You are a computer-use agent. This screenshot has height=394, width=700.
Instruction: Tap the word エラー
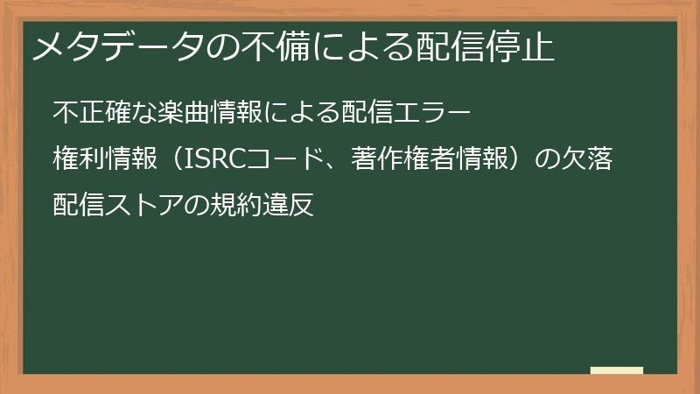435,114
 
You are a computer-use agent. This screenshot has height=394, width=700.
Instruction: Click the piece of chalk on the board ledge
616,370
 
